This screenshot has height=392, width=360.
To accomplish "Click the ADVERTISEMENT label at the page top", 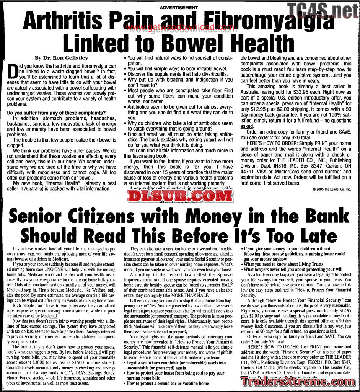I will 179,7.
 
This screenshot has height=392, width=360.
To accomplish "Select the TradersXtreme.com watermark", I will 298,381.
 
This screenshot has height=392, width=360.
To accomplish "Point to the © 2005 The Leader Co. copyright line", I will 331,189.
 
